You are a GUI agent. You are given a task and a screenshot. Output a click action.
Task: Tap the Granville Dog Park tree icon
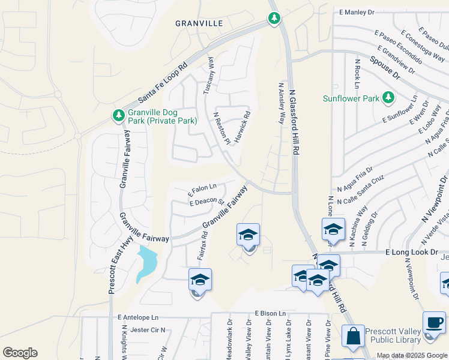[118, 114]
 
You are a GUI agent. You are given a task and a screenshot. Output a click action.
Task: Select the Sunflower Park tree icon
[388, 97]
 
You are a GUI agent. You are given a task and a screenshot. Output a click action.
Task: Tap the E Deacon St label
[206, 202]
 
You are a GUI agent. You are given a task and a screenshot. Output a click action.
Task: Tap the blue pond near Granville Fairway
[147, 262]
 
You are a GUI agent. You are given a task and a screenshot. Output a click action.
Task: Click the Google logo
[20, 353]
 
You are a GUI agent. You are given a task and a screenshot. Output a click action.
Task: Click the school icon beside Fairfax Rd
[200, 280]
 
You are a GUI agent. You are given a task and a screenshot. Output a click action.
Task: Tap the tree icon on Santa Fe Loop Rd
[274, 18]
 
